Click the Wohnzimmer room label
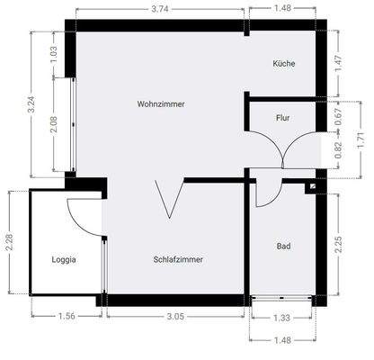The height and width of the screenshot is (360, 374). click(x=161, y=104)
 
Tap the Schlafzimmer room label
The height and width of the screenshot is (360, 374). click(x=178, y=259)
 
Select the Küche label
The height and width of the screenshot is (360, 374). click(x=284, y=64)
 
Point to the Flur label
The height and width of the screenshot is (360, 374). click(x=281, y=117)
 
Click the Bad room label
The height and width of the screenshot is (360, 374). click(x=283, y=246)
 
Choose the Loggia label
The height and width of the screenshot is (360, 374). click(x=64, y=259)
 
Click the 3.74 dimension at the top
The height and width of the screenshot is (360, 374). click(x=161, y=9)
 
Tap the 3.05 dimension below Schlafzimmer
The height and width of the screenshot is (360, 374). click(x=176, y=317)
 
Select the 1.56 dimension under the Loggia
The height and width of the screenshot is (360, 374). click(x=67, y=317)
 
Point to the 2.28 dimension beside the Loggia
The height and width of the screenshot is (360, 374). click(x=9, y=243)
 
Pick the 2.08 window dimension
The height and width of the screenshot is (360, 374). click(x=55, y=124)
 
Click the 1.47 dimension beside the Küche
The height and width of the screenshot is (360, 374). click(x=339, y=63)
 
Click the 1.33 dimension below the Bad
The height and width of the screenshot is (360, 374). click(x=281, y=317)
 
